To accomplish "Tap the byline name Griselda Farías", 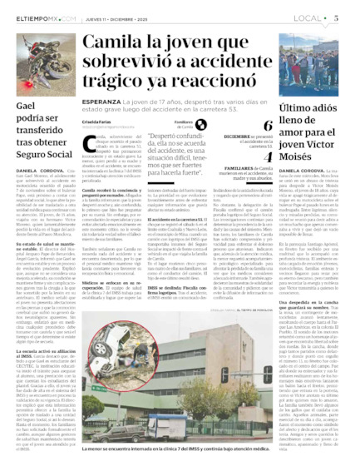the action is coord(99,122).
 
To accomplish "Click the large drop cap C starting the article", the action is coord(90,145).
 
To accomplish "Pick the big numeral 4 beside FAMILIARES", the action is coord(268,156).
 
